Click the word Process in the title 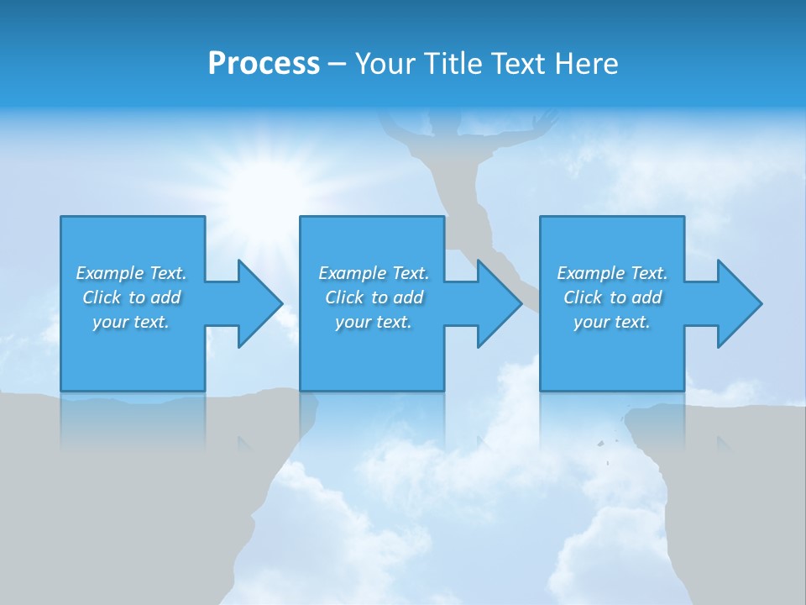pos(264,64)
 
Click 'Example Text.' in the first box pos(131,273)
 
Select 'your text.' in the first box pos(131,322)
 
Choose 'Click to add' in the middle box pos(374,297)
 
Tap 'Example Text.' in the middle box pos(374,273)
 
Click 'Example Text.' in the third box pos(612,273)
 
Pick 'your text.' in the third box pos(612,322)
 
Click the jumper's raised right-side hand pos(546,118)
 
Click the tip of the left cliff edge pos(315,395)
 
